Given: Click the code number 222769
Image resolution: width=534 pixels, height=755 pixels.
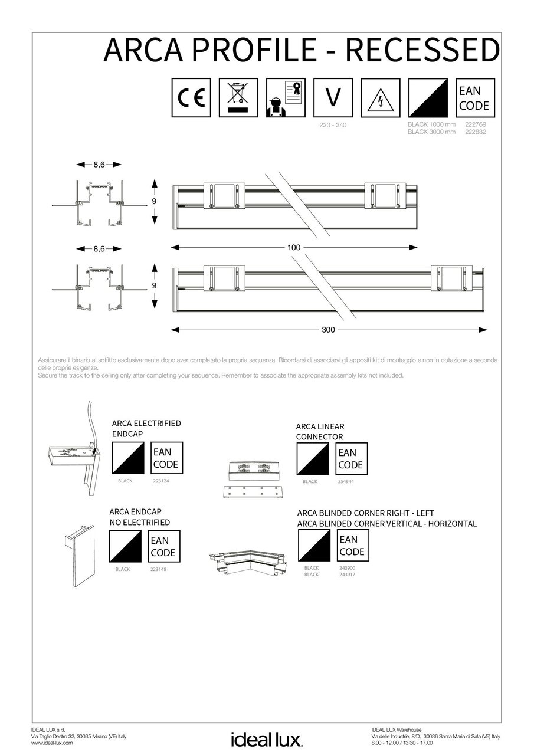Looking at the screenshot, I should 476,125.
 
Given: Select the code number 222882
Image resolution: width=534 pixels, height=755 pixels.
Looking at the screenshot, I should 476,132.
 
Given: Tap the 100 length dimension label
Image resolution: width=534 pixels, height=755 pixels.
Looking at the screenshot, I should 294,247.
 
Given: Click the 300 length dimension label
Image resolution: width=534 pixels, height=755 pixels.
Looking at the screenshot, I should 329,330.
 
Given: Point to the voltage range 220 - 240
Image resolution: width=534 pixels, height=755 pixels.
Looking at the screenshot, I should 333,126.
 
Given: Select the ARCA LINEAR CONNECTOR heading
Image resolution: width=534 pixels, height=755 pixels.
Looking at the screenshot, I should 320,431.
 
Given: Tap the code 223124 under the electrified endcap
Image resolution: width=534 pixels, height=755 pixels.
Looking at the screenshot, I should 161,481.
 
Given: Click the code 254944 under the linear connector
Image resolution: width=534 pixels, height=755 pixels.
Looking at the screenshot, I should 347,481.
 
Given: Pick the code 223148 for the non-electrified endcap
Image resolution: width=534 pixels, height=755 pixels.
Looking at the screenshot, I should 160,569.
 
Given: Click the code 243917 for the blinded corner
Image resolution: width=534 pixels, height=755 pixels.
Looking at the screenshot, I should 347,574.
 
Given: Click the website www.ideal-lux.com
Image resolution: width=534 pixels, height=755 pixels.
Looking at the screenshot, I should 52,743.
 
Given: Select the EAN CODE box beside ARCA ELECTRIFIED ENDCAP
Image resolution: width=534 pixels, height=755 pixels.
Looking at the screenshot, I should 165,458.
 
